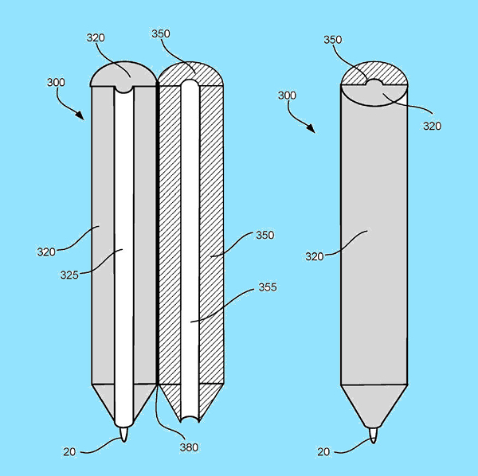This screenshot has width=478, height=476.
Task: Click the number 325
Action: coord(69,275)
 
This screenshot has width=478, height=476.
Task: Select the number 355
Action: coord(268,287)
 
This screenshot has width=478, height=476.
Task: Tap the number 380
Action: coord(189,447)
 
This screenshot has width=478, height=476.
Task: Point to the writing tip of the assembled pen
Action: coord(374,435)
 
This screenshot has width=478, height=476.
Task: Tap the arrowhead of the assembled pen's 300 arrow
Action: coord(311,128)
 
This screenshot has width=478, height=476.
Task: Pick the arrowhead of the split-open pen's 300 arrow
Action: coord(80,115)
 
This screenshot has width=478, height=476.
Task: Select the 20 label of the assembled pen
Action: coord(323,451)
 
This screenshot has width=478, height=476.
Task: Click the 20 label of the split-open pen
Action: coord(69,451)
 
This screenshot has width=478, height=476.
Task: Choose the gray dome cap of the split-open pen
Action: coord(123,75)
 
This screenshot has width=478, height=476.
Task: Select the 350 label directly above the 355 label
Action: coord(265,235)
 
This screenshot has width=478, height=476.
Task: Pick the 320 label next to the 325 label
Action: coord(46,252)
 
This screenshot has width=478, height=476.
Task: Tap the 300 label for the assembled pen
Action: coord(287,96)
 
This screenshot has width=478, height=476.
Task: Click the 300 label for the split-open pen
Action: coord(56,82)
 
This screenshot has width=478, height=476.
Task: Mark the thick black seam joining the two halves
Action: coord(157,235)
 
